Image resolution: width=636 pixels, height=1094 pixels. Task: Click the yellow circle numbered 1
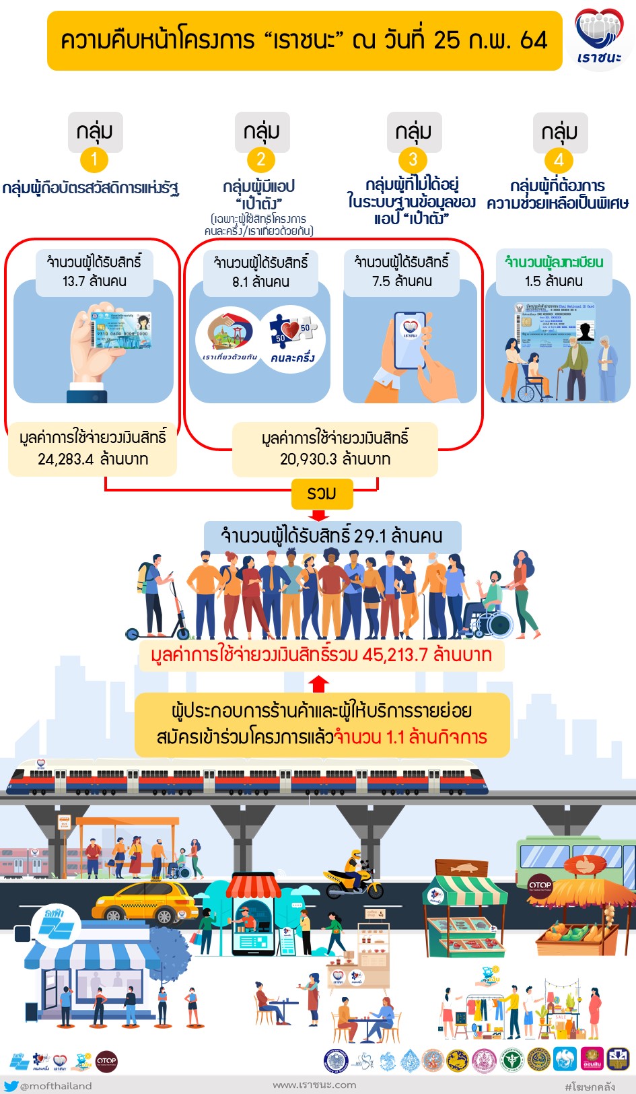[94, 160]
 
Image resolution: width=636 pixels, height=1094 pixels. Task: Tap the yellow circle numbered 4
[559, 160]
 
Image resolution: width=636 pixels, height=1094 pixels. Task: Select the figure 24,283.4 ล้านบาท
[93, 459]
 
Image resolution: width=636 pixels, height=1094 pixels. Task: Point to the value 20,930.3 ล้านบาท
[335, 459]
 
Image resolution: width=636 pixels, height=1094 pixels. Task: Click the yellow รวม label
[322, 493]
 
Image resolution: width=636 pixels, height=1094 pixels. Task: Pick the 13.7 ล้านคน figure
[94, 281]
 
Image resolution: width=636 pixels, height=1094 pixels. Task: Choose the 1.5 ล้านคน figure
[554, 281]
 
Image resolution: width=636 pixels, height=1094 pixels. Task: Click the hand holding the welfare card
[101, 350]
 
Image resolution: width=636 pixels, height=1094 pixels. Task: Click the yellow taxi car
[144, 902]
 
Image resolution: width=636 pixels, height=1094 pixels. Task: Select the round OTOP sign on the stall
[540, 885]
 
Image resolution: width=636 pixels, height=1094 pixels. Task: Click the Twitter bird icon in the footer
[11, 1085]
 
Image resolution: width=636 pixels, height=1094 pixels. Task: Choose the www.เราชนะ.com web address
[314, 1085]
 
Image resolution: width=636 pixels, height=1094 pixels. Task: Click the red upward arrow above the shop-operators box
[318, 683]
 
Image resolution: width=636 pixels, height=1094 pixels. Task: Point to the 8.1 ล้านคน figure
[260, 281]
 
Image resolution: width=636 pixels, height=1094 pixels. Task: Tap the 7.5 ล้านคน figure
[402, 281]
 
